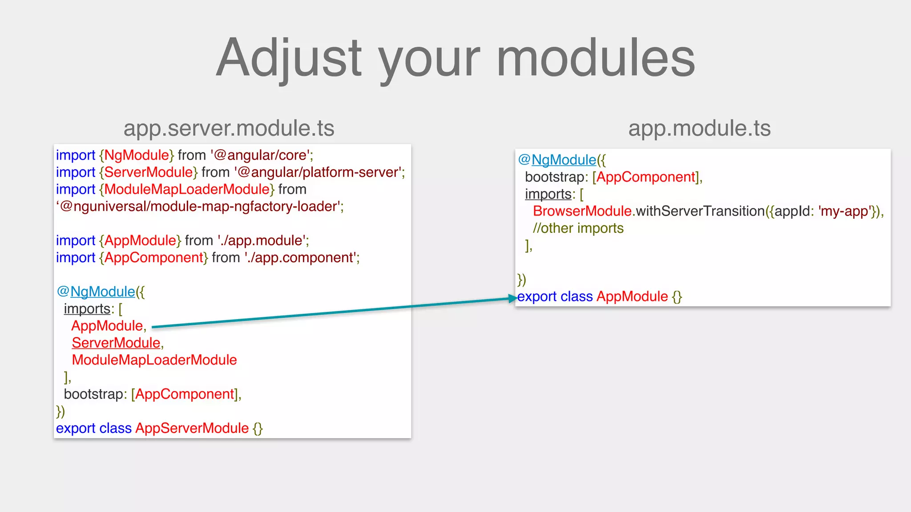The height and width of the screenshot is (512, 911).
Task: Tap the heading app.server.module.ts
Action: [x=229, y=128]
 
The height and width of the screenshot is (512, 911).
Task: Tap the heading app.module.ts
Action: [x=699, y=128]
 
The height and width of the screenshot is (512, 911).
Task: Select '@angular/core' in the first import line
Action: [x=262, y=155]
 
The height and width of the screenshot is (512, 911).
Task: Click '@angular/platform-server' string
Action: [x=318, y=172]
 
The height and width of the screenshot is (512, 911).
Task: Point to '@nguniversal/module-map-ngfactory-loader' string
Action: [x=200, y=207]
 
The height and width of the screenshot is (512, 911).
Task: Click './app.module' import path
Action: [x=262, y=241]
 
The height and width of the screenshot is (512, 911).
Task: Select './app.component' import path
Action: [x=301, y=258]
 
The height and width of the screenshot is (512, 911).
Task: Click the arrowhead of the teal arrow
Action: [x=513, y=299]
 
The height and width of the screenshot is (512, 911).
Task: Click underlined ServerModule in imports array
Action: [x=116, y=343]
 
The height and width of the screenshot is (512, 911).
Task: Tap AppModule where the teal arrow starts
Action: [x=107, y=326]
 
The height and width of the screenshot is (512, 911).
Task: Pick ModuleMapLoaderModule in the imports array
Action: [x=154, y=360]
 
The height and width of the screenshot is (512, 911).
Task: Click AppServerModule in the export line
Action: [x=192, y=428]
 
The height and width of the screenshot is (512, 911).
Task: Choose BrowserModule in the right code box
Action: [x=582, y=211]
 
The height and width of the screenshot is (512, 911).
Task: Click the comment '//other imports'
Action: [x=578, y=228]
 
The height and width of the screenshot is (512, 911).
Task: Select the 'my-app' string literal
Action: [x=844, y=211]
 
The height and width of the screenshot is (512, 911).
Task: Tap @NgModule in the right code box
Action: [x=558, y=160]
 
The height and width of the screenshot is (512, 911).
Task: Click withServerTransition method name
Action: [x=700, y=211]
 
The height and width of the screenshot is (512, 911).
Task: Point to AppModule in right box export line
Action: [x=632, y=296]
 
